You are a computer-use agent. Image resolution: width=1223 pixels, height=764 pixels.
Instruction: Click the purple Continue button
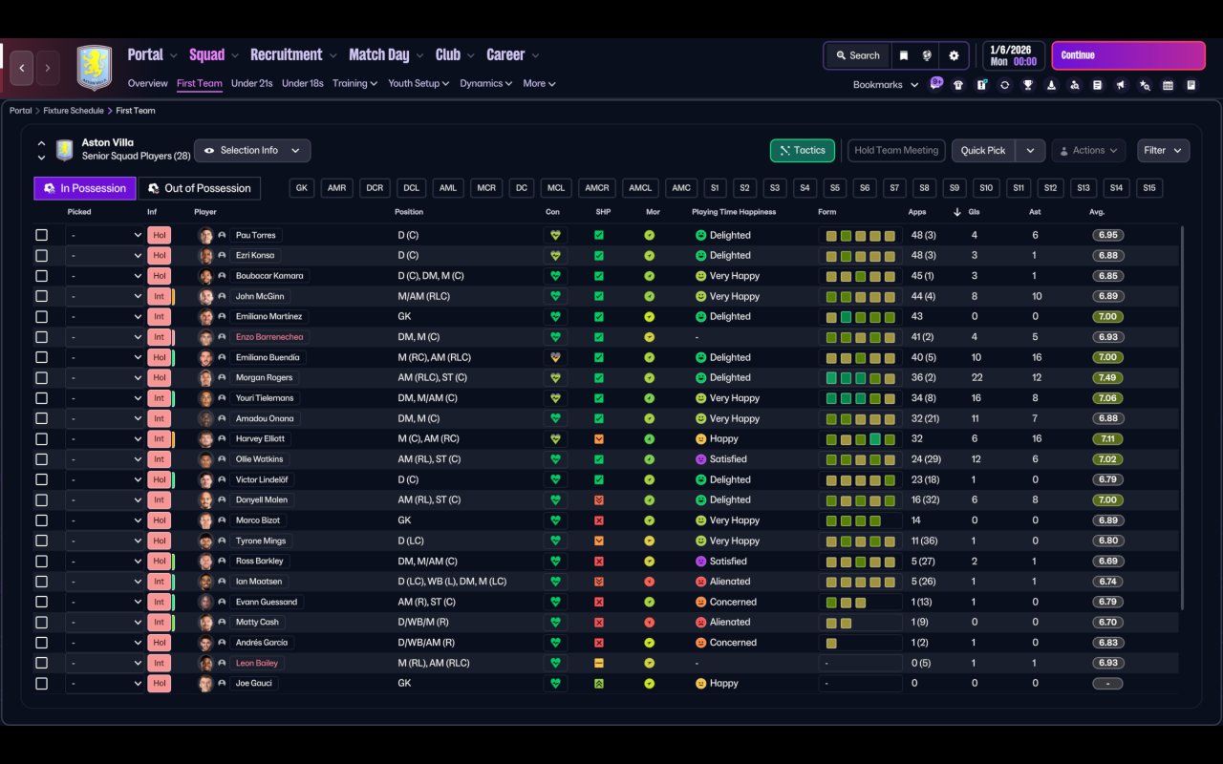(x=1127, y=55)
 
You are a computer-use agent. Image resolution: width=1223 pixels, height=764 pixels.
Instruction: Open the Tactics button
(x=802, y=151)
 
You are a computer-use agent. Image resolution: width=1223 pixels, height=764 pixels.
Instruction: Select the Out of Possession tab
(x=200, y=188)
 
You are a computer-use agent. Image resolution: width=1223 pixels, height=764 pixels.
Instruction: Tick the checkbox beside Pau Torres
(x=41, y=235)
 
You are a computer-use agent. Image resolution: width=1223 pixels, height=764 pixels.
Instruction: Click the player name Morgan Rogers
(x=265, y=377)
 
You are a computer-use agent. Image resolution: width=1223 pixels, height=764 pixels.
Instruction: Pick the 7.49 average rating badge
(x=1107, y=377)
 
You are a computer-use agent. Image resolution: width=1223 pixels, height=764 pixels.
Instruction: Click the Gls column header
(x=974, y=212)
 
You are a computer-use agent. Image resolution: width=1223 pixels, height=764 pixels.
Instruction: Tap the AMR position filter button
(x=336, y=188)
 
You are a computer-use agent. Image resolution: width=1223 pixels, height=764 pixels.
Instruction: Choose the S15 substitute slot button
(x=1148, y=188)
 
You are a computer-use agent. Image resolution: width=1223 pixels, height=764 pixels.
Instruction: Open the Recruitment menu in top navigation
(x=287, y=54)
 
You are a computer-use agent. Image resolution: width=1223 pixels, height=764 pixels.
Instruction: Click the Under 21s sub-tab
(x=251, y=83)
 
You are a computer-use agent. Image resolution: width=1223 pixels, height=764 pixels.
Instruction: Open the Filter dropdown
(x=1162, y=151)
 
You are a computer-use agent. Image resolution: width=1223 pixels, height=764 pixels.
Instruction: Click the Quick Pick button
(x=982, y=151)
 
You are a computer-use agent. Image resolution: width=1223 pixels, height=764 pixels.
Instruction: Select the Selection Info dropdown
(x=252, y=151)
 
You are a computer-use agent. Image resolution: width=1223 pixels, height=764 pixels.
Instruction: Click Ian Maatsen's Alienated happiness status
(x=730, y=582)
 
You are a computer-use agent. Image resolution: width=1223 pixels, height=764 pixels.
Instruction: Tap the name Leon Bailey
(x=259, y=663)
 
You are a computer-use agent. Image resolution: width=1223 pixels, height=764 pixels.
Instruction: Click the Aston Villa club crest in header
(x=94, y=67)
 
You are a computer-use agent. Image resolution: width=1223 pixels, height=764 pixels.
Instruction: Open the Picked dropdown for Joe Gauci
(x=105, y=684)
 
